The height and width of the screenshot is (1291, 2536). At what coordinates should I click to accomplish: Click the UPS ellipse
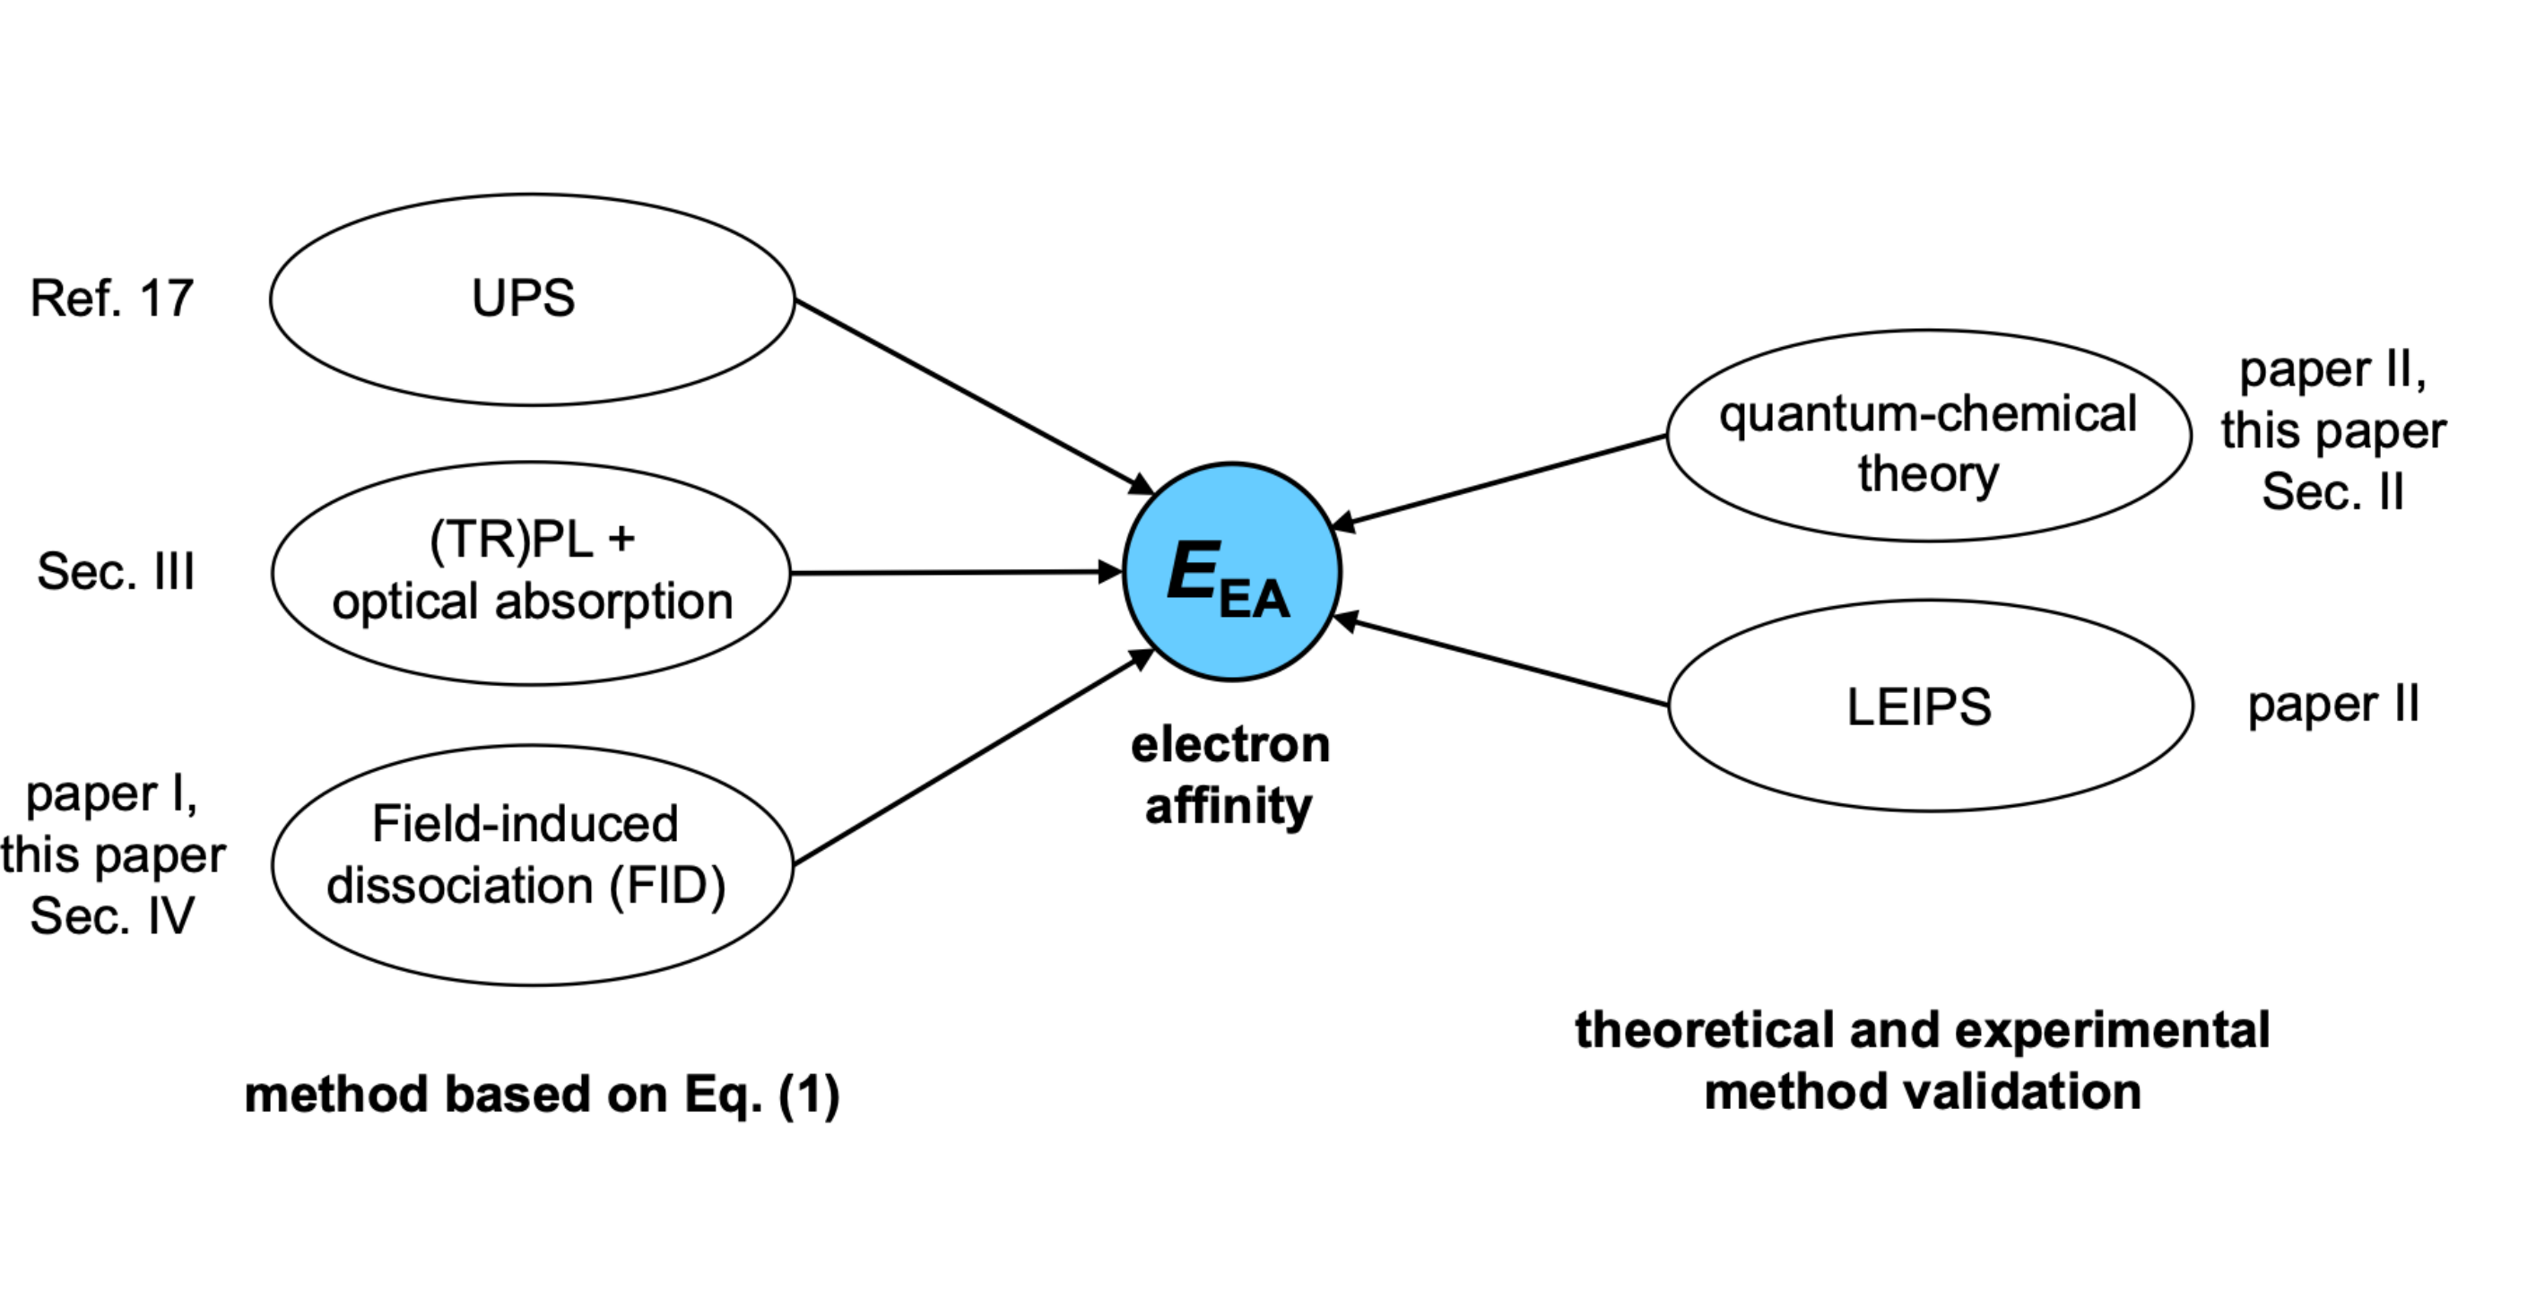[x=532, y=299]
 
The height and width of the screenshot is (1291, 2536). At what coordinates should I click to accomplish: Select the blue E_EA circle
[x=1230, y=572]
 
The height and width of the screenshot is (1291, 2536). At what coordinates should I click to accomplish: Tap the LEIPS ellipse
[x=1930, y=706]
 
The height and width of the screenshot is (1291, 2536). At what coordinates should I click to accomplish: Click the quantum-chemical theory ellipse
[x=1928, y=435]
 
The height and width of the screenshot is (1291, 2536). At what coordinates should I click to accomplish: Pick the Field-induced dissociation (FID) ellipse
[x=532, y=865]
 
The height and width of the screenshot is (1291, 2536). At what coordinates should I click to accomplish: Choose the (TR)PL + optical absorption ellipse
[x=532, y=573]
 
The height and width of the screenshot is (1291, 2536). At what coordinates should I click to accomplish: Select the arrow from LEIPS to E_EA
[x=1501, y=663]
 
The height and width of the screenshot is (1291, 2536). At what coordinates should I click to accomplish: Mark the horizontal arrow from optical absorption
[x=955, y=572]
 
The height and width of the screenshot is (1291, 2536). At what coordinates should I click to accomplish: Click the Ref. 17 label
[x=111, y=299]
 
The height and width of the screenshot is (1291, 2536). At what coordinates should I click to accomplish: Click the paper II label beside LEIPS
[x=2332, y=705]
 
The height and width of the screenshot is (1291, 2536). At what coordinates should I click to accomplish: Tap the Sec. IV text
[x=112, y=916]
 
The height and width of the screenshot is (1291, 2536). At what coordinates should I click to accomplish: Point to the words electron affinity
[x=1229, y=775]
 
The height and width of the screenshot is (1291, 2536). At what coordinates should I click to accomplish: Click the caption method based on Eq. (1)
[x=542, y=1094]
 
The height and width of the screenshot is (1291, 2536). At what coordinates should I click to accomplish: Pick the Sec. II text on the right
[x=2332, y=492]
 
